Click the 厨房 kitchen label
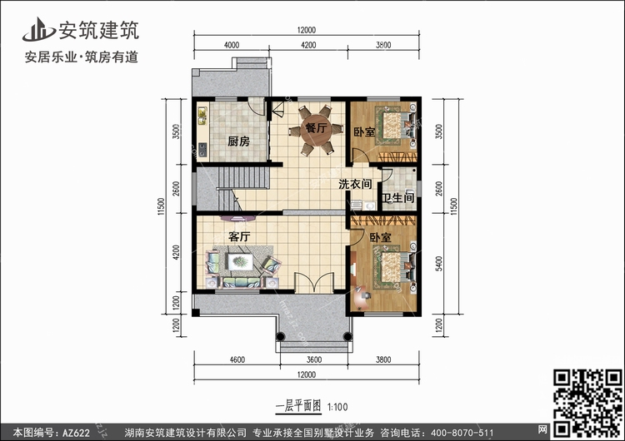(239, 141)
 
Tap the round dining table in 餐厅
(316, 129)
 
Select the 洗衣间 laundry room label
(355, 184)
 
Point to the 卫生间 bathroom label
(397, 198)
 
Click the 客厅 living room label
(239, 237)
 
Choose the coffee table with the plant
(240, 261)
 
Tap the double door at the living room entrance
(314, 283)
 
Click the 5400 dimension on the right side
(439, 264)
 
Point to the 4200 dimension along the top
(308, 45)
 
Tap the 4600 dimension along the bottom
(237, 359)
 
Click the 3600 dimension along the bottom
(314, 359)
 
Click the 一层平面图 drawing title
(298, 406)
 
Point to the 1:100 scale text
(337, 407)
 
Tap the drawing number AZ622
(76, 433)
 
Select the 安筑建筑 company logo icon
(38, 29)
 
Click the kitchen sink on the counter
(202, 116)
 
